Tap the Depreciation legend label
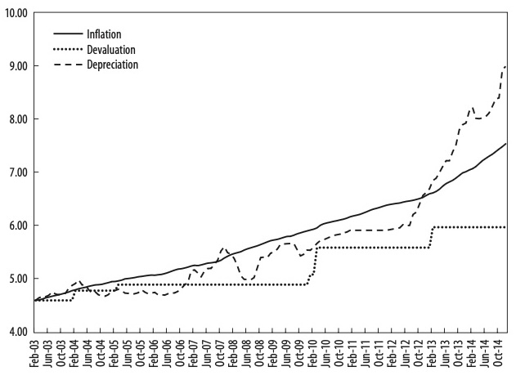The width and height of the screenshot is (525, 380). click(112, 65)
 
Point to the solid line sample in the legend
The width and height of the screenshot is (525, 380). click(68, 34)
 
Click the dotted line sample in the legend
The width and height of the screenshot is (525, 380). click(68, 49)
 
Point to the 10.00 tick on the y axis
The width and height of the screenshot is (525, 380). click(16, 14)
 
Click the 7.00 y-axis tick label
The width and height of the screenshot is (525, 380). click(17, 172)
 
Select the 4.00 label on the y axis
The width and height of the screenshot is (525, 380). click(17, 332)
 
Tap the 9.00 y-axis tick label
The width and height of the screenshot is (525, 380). click(17, 66)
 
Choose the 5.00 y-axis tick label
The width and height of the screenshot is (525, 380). click(17, 279)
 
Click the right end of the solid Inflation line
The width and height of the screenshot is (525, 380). click(507, 144)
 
